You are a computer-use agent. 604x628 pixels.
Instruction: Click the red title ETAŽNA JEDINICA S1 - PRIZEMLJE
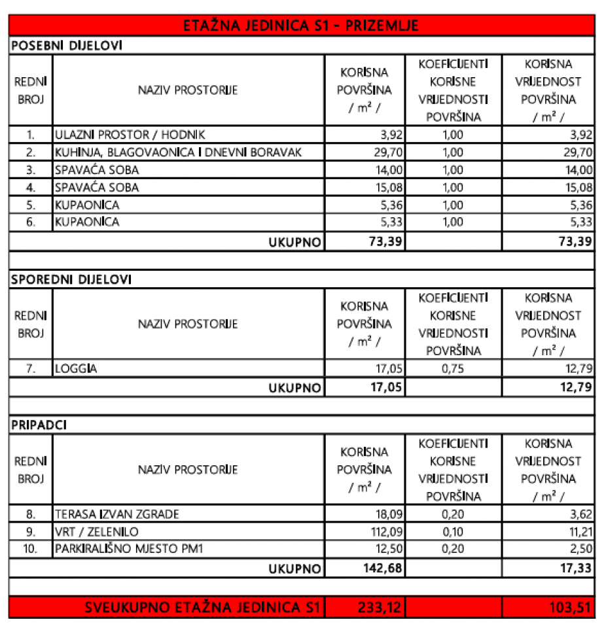(302, 26)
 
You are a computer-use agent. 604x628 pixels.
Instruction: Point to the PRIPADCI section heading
(39, 425)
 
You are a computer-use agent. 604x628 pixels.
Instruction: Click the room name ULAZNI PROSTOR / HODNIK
(130, 135)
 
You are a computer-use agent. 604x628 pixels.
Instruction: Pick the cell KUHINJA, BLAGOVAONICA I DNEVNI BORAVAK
(178, 152)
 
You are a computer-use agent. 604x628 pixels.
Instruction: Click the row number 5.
(30, 205)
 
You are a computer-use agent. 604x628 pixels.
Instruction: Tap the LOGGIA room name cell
(77, 368)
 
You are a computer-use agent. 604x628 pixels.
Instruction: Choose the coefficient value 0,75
(453, 368)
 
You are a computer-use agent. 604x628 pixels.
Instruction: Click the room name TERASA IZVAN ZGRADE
(117, 514)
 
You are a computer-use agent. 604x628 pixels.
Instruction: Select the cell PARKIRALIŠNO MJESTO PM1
(130, 548)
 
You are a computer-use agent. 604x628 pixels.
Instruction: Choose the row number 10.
(30, 548)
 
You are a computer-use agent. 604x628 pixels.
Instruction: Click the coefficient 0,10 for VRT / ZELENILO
(453, 531)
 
